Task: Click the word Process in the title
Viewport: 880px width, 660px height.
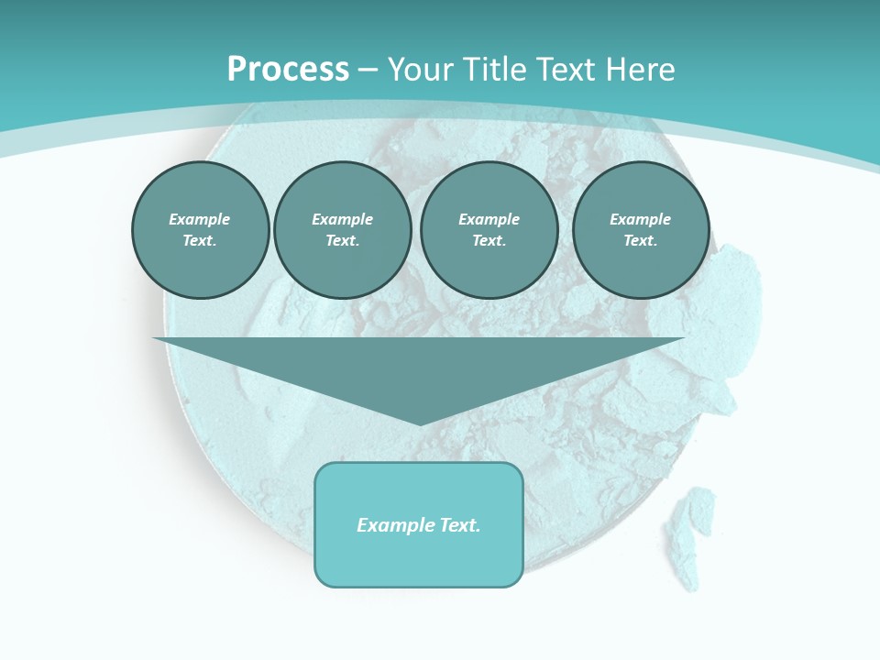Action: (x=288, y=70)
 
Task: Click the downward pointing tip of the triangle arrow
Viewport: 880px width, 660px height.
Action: (x=420, y=423)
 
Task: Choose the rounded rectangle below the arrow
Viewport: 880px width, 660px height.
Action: (x=419, y=559)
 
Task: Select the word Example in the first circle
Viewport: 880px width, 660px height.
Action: (x=200, y=219)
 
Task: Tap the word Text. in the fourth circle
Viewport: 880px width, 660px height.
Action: (x=640, y=240)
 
